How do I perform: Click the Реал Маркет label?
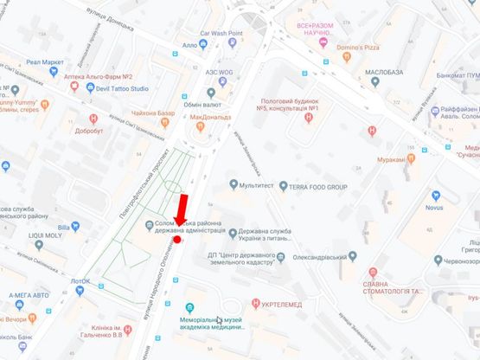45,61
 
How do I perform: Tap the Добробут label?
88,131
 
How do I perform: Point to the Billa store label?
76,227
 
